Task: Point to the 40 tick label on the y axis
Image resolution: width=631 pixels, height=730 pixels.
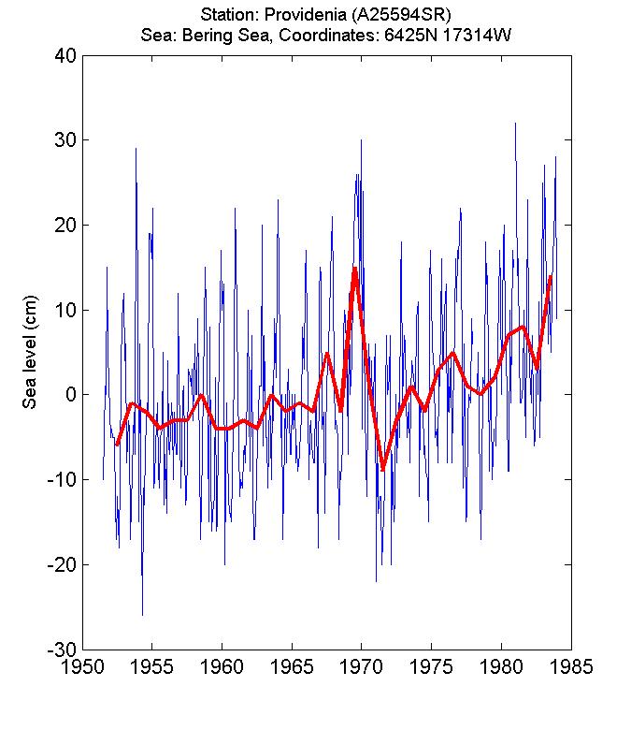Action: click(65, 55)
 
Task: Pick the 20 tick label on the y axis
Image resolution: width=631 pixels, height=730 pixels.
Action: click(65, 225)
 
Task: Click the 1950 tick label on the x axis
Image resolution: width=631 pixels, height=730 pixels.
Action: click(82, 668)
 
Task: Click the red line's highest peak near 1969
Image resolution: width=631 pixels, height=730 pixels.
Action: click(355, 269)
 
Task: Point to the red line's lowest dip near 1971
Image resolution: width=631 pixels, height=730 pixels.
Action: click(382, 470)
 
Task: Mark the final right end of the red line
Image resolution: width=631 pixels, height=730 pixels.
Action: click(551, 276)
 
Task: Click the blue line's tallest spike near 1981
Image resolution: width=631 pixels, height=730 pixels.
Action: click(515, 123)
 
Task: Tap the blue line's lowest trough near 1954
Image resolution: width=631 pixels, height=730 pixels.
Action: click(142, 615)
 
